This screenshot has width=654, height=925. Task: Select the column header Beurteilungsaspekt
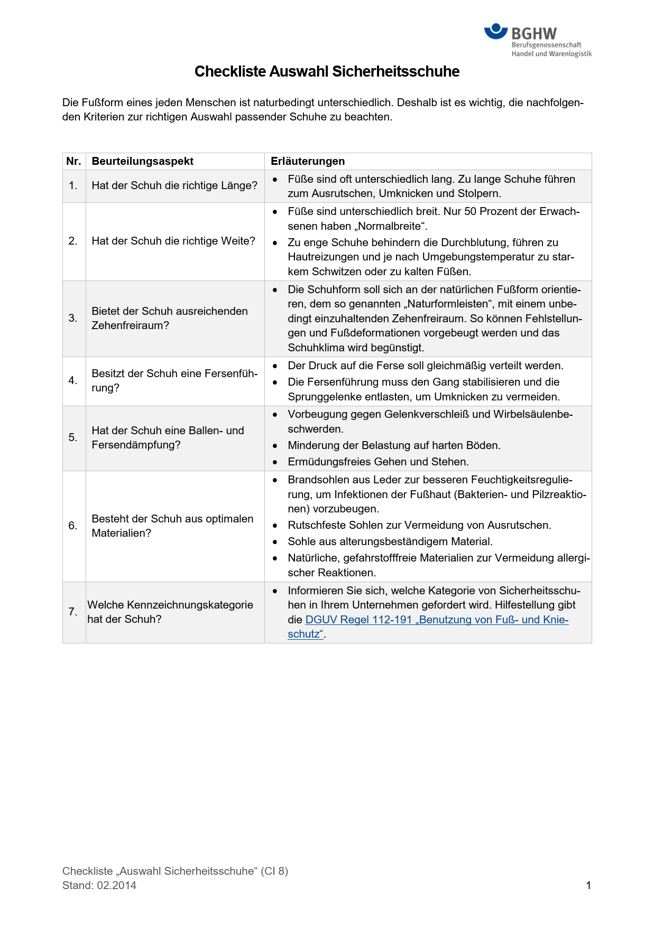(x=142, y=161)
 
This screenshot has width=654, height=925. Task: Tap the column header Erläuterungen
(x=308, y=161)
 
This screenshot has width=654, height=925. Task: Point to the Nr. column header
(x=73, y=161)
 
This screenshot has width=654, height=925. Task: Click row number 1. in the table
(x=73, y=185)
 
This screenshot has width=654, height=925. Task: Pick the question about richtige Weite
(x=173, y=241)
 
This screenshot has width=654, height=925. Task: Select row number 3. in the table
(x=73, y=318)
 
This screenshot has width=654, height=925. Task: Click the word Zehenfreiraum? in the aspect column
(x=131, y=325)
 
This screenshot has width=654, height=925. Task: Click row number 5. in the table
(x=73, y=437)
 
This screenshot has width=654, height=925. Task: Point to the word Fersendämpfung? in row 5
(x=136, y=445)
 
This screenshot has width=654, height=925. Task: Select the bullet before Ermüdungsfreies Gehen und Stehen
(x=275, y=462)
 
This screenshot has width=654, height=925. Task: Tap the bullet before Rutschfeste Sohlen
(x=275, y=526)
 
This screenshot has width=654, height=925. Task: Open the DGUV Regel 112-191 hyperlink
(x=437, y=620)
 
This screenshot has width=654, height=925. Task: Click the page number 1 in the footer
(x=588, y=885)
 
